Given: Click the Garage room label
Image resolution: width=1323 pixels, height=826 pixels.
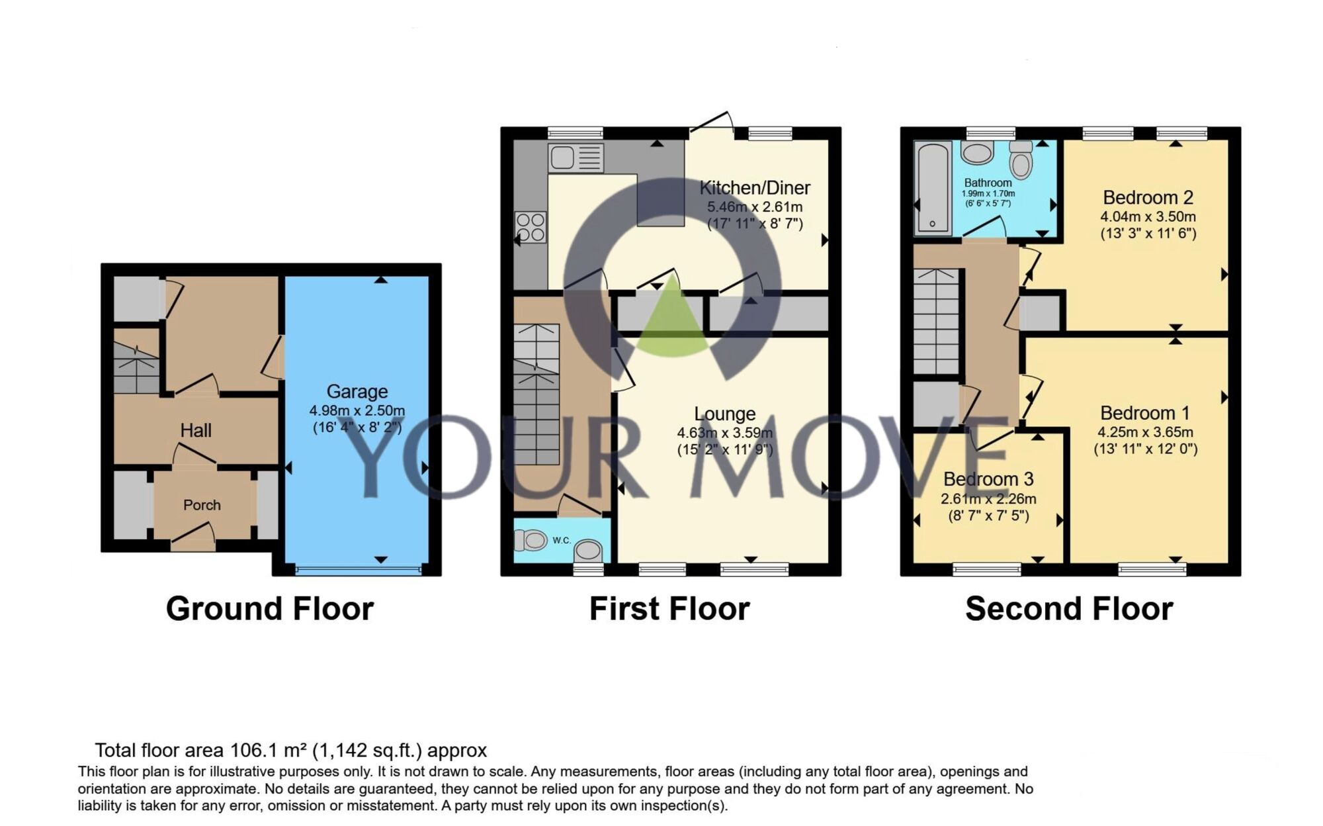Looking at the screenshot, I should pyautogui.click(x=357, y=392).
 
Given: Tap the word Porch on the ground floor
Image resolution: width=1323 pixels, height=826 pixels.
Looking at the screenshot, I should pyautogui.click(x=202, y=505).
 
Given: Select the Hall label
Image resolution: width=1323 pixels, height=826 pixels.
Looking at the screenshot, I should pyautogui.click(x=196, y=430).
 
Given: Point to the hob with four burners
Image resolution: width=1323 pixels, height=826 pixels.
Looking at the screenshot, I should pyautogui.click(x=531, y=227).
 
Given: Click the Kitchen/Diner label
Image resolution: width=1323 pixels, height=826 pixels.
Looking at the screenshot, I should pyautogui.click(x=755, y=188).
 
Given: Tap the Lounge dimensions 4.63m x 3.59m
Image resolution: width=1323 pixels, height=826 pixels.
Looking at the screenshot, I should pyautogui.click(x=724, y=433).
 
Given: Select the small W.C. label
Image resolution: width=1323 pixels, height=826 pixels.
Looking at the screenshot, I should pyautogui.click(x=562, y=540).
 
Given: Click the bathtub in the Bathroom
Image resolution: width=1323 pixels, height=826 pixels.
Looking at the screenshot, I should pyautogui.click(x=932, y=188).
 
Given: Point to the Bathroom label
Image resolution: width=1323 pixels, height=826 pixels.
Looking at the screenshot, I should pyautogui.click(x=988, y=183).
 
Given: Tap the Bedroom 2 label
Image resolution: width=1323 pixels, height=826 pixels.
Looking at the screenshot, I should pyautogui.click(x=1148, y=197).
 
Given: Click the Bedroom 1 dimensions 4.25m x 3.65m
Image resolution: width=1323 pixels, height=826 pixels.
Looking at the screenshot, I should pyautogui.click(x=1145, y=432).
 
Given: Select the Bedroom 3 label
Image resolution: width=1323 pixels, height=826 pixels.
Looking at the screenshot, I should pyautogui.click(x=988, y=479).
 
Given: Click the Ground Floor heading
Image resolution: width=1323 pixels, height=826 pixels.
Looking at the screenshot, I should pyautogui.click(x=269, y=608).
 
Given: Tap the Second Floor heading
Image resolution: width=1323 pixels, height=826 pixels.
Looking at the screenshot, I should pyautogui.click(x=1068, y=608).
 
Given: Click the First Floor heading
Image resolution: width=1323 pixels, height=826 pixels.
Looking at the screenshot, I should pyautogui.click(x=669, y=608).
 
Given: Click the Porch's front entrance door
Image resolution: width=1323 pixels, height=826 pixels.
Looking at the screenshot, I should pyautogui.click(x=192, y=537).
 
